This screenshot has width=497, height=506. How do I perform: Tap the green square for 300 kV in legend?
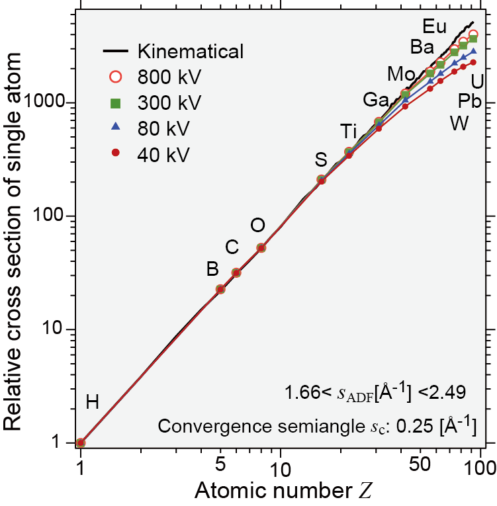115,103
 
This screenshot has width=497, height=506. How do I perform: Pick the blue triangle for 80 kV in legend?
115,128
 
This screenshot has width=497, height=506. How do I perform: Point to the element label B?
212,269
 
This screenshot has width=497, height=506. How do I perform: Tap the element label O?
258,226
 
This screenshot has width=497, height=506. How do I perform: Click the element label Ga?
375,101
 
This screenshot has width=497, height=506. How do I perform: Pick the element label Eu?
435,27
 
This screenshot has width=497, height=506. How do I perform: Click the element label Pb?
469,101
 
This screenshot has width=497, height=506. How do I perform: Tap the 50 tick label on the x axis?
422,467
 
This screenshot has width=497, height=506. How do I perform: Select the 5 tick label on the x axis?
220,467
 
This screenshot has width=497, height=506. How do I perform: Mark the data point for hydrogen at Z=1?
81,443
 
